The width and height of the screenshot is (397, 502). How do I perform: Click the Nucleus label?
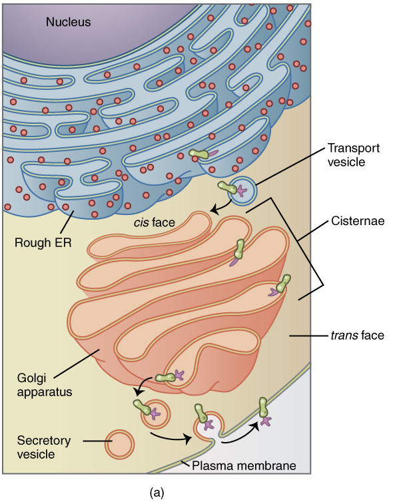[68, 22]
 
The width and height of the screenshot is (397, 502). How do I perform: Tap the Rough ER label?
[43, 242]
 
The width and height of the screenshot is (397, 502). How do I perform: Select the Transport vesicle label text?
[353, 155]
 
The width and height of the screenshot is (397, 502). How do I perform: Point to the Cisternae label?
[358, 221]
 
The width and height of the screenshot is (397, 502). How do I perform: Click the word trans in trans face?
[344, 336]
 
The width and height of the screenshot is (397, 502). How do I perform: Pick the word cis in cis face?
[141, 222]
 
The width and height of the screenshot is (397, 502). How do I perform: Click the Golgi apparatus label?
[44, 385]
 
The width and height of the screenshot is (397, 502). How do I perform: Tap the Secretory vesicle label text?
[43, 447]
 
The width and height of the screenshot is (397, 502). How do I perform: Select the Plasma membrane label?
[244, 465]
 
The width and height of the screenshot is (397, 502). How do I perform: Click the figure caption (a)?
[157, 493]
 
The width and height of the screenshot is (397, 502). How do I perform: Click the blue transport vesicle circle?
[242, 191]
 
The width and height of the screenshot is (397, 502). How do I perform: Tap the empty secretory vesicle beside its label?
[119, 444]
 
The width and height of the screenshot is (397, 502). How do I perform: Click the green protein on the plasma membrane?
[263, 407]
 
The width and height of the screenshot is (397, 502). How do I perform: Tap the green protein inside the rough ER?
[198, 154]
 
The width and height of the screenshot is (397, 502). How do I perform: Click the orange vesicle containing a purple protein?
[155, 414]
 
